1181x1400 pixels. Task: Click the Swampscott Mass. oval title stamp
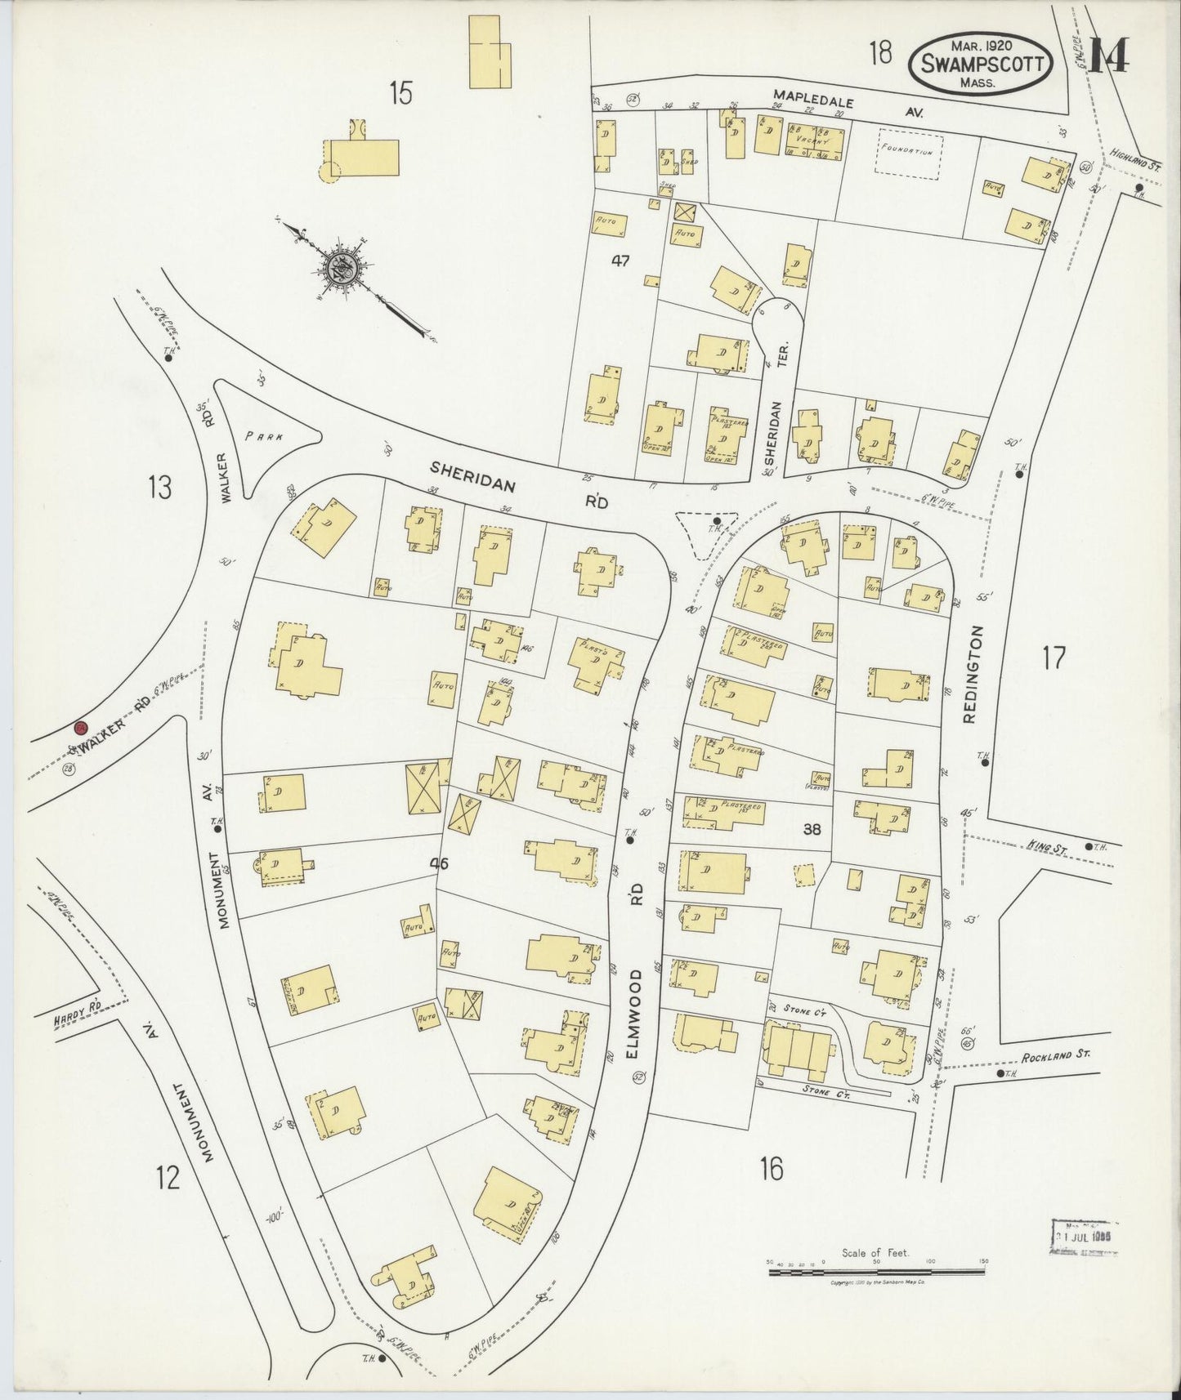(x=979, y=57)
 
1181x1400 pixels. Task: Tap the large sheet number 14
(x=1108, y=54)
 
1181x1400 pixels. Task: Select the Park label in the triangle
(x=264, y=436)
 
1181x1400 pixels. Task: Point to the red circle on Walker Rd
(x=80, y=728)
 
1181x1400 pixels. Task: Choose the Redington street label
(x=970, y=674)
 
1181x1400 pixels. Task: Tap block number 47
(x=620, y=261)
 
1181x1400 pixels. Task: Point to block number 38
(x=812, y=830)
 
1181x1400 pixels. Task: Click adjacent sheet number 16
(x=770, y=1169)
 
